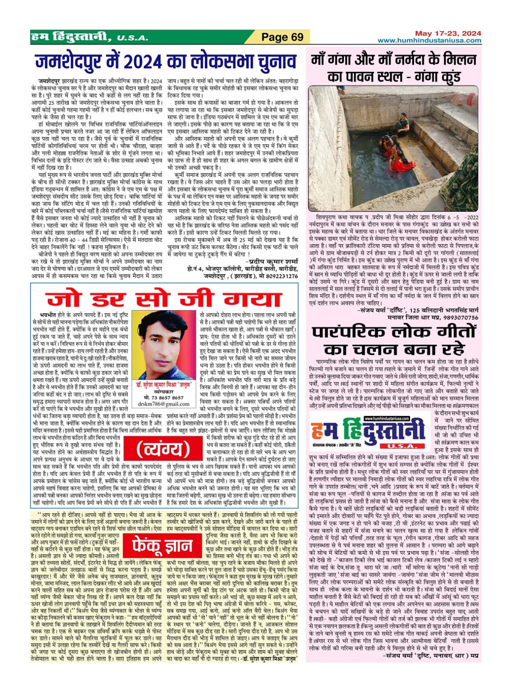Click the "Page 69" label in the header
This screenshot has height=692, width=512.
coord(282,37)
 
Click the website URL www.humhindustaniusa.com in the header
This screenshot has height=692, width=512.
coord(429,41)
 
